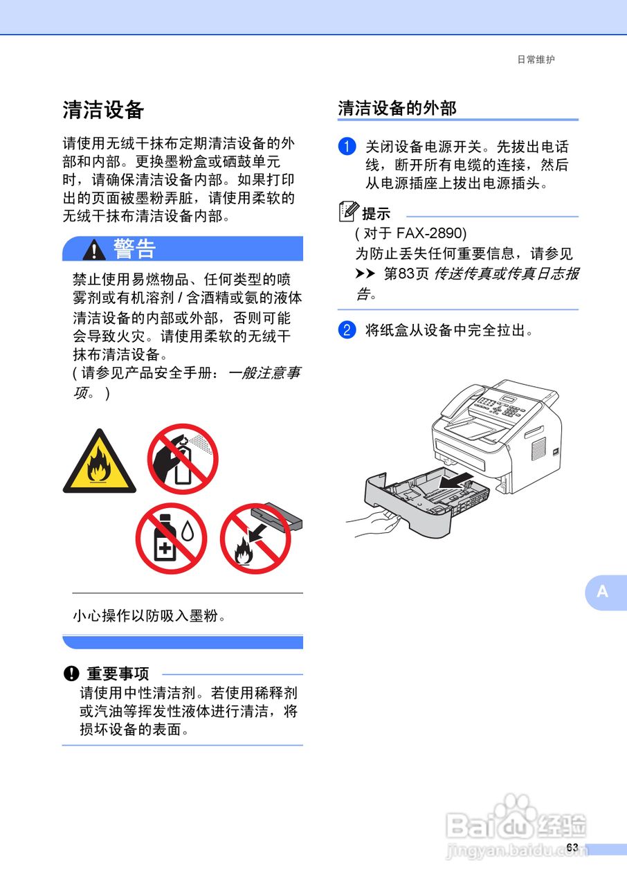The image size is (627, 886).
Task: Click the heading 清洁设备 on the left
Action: tap(103, 109)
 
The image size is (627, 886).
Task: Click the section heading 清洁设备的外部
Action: tap(397, 109)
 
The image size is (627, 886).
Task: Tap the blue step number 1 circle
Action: tap(347, 147)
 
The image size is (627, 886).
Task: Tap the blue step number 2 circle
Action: tap(347, 330)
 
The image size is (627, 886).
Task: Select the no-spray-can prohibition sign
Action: tap(183, 458)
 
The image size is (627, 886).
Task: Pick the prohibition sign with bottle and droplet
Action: tap(171, 539)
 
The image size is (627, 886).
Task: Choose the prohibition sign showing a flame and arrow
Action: tap(255, 539)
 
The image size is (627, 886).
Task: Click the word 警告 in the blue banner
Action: tap(134, 249)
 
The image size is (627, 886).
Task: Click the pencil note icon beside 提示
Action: tap(349, 211)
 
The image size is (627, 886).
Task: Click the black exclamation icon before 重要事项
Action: tap(71, 673)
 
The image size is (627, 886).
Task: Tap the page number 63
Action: tap(572, 848)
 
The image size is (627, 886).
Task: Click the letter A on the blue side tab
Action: tap(603, 592)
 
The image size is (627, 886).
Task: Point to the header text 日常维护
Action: tap(536, 60)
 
